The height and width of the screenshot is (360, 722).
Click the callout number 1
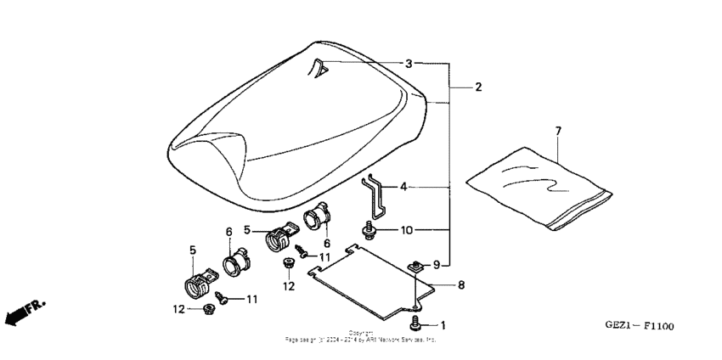[x=443, y=325]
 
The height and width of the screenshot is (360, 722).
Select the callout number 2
[x=478, y=87]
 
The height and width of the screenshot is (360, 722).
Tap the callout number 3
[x=409, y=64]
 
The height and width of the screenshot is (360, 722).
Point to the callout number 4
[x=403, y=185]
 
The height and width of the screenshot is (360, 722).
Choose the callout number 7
[x=558, y=130]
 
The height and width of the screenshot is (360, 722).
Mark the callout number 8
[x=461, y=285]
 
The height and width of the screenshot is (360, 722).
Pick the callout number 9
[x=437, y=264]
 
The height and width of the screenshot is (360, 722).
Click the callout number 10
[x=407, y=229]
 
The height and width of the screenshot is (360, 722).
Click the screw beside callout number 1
[x=416, y=324]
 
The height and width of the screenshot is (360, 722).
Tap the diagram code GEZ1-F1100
[x=640, y=326]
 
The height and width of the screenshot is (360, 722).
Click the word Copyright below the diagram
[x=360, y=333]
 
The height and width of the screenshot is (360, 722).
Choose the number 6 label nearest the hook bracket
[x=327, y=243]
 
